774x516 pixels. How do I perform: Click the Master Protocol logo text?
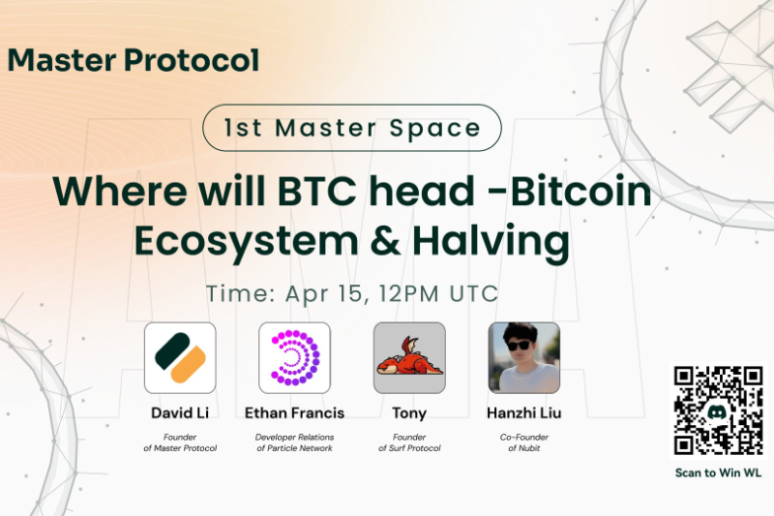point(134,60)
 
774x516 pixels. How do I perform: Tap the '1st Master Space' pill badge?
point(352,127)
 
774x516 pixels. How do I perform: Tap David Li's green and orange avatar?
point(180,357)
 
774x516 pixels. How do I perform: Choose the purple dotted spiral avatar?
point(294,357)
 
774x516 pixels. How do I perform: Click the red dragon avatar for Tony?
point(409,357)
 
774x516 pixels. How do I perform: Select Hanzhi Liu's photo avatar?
point(523,357)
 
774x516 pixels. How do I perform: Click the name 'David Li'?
point(180,412)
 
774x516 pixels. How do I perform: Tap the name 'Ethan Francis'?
point(294,412)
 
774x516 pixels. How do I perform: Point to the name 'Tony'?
point(409,412)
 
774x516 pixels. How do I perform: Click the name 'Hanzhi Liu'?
point(523,412)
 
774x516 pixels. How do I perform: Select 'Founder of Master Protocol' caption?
point(180,441)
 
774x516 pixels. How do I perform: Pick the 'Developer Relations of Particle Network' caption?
point(294,441)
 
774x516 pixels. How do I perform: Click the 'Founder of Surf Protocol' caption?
point(409,441)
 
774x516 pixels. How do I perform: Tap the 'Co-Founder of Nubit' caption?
point(523,441)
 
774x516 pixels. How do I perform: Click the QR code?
point(716,410)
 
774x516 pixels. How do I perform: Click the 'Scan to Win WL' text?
point(716,473)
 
